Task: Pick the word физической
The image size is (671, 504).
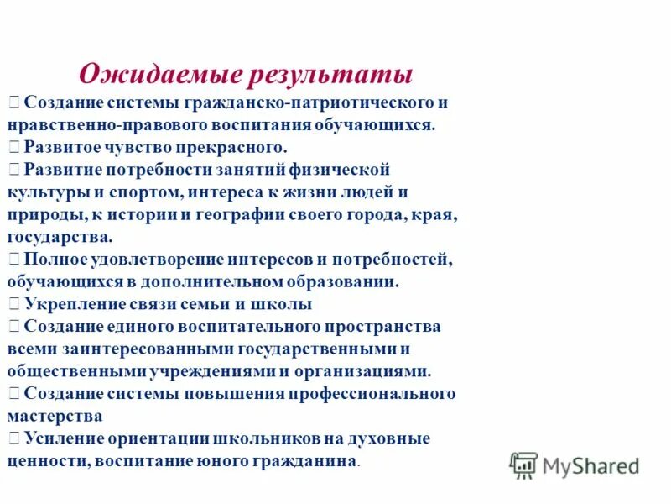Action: click(x=346, y=169)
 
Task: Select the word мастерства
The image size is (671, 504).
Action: click(x=55, y=415)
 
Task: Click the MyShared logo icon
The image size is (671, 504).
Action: click(x=523, y=464)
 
